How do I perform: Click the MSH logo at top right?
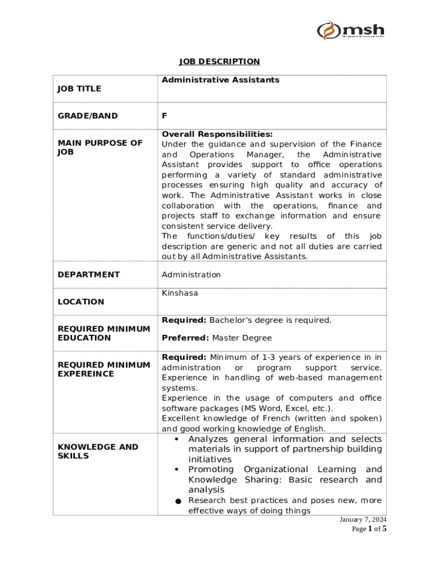[x=351, y=30]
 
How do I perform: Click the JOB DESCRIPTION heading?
[x=219, y=61]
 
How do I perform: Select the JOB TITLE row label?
[x=79, y=89]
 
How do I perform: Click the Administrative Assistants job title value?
[x=221, y=80]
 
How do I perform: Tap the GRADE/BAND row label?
[x=87, y=116]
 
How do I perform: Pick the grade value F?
[x=165, y=116]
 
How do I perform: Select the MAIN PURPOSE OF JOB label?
[x=100, y=148]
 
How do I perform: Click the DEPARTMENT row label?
[x=89, y=275]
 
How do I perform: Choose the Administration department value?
[x=191, y=275]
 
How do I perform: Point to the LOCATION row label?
[x=81, y=302]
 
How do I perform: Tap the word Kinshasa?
[x=180, y=293]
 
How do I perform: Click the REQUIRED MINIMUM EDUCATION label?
[x=103, y=333]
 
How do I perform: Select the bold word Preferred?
[x=186, y=338]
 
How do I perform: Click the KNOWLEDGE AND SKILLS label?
[x=98, y=451]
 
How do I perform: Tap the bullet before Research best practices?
[x=178, y=501]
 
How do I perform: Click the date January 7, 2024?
[x=363, y=520]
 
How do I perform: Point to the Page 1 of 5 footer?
[x=369, y=529]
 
